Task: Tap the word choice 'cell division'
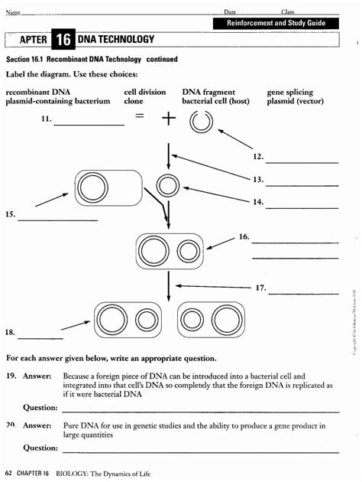tap(144, 92)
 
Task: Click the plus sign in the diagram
tap(168, 119)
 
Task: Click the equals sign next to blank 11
tap(139, 116)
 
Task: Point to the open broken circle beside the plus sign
tap(202, 122)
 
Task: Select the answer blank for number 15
tap(57, 220)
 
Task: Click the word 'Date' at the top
tap(229, 11)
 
